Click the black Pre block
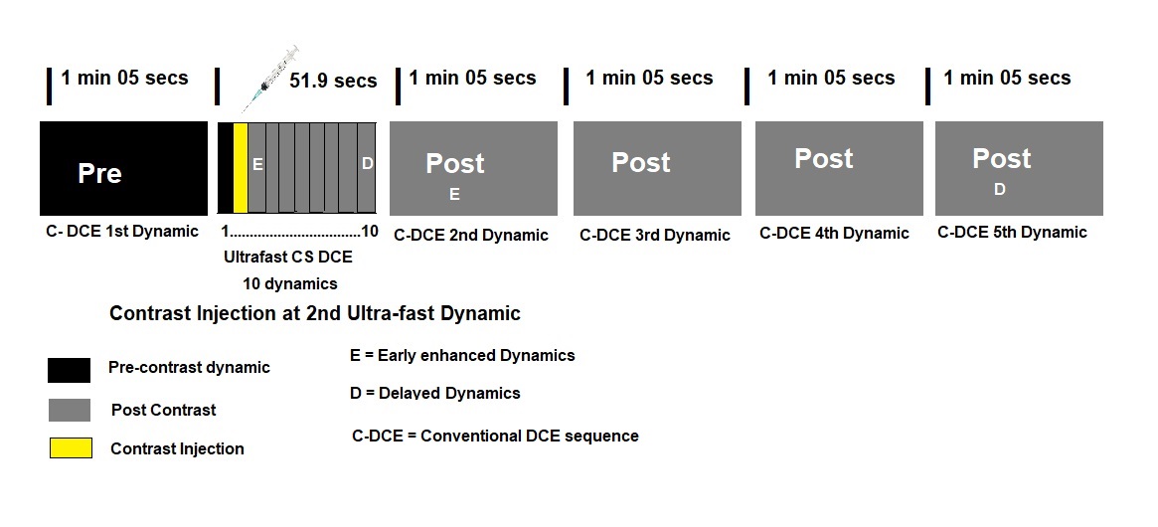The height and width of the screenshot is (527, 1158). [123, 168]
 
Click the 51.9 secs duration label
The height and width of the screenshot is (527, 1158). [333, 81]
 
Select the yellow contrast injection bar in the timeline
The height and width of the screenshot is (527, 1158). [240, 167]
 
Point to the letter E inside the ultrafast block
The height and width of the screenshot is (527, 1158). [257, 164]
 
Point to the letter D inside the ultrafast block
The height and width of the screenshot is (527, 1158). [367, 164]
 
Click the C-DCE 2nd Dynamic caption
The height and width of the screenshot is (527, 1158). [471, 236]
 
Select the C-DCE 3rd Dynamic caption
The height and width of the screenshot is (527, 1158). [654, 236]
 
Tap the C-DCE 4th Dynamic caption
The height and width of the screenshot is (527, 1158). [834, 234]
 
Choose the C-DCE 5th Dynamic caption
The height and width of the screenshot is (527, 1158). [1012, 233]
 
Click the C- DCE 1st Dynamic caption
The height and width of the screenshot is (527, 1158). [123, 233]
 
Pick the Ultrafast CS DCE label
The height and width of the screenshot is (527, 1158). [288, 257]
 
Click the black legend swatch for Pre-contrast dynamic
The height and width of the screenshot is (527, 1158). [69, 370]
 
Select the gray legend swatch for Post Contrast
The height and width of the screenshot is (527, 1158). [69, 410]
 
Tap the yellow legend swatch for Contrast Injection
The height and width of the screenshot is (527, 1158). [71, 448]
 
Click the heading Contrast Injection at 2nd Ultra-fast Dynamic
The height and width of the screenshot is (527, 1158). [314, 314]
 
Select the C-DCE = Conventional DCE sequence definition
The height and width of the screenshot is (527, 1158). [495, 436]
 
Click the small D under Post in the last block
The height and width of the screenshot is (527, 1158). [1000, 190]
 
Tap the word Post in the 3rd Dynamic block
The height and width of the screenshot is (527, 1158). [640, 163]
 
